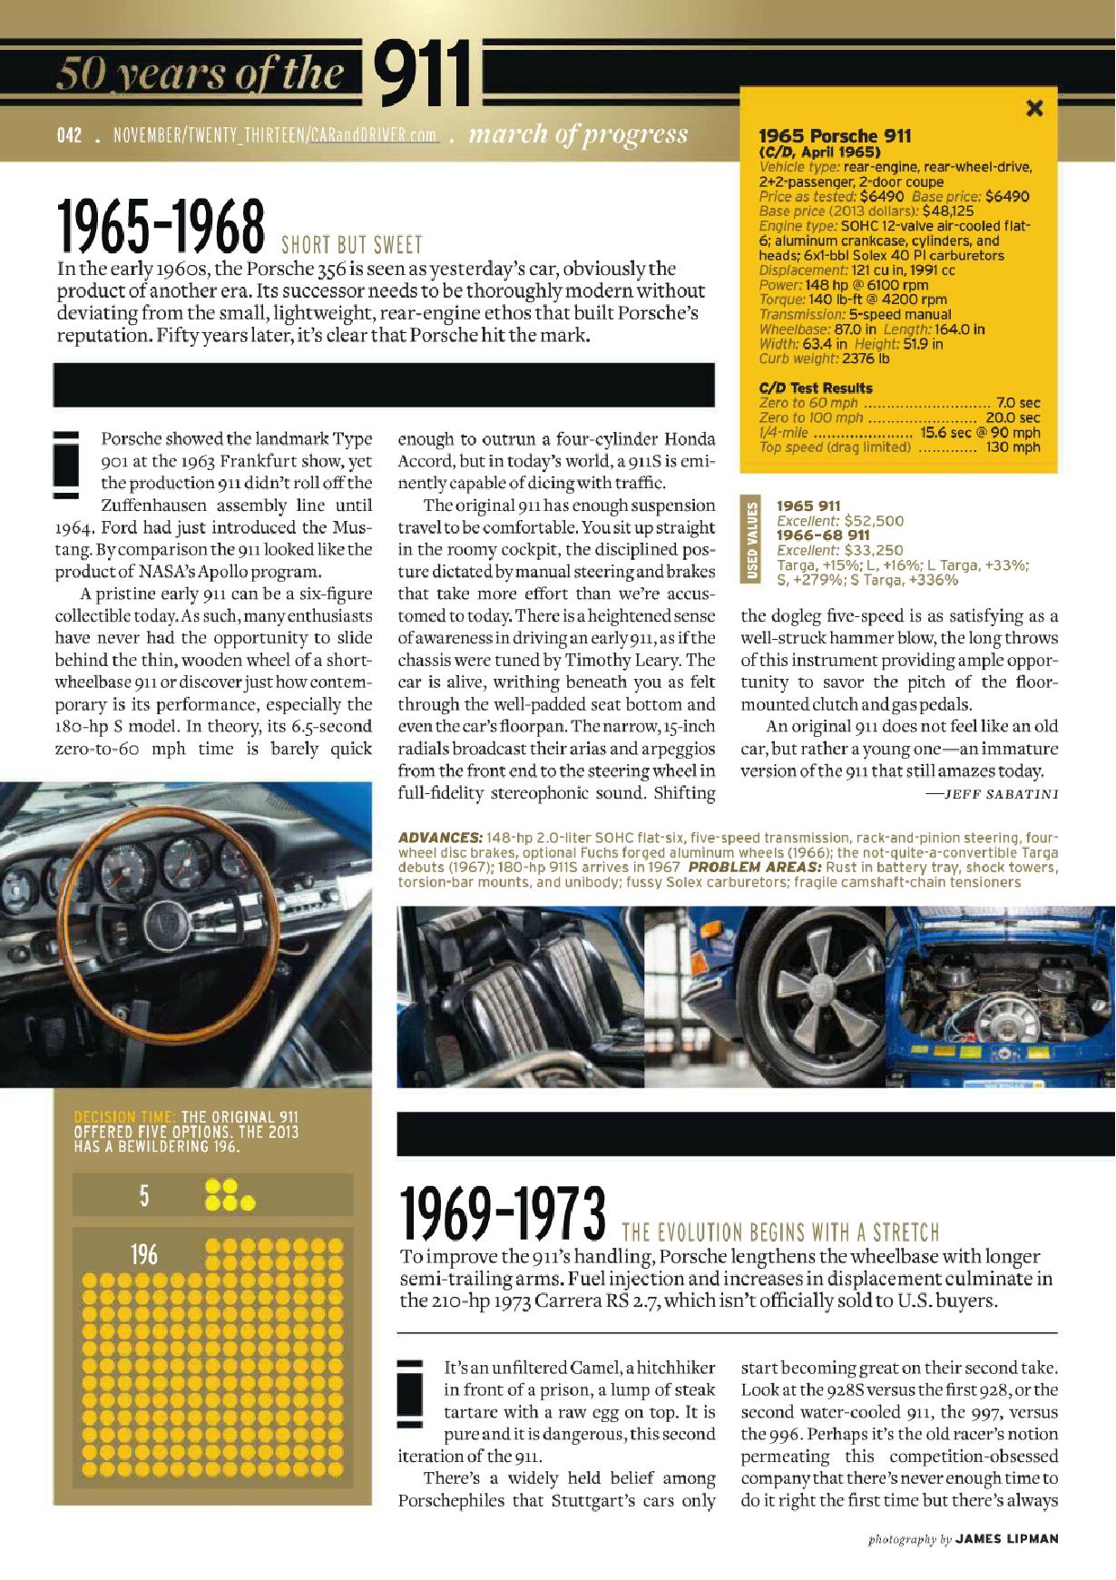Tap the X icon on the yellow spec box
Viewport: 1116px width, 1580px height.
pos(1033,109)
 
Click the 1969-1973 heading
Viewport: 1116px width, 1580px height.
pos(502,1215)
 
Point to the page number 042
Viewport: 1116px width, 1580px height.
pos(69,136)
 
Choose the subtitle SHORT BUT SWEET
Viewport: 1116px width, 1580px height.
pos(352,245)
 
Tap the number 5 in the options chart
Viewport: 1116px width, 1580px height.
pos(144,1196)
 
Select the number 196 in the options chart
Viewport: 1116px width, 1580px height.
pos(144,1254)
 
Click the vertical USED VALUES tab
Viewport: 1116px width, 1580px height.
pos(751,542)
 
